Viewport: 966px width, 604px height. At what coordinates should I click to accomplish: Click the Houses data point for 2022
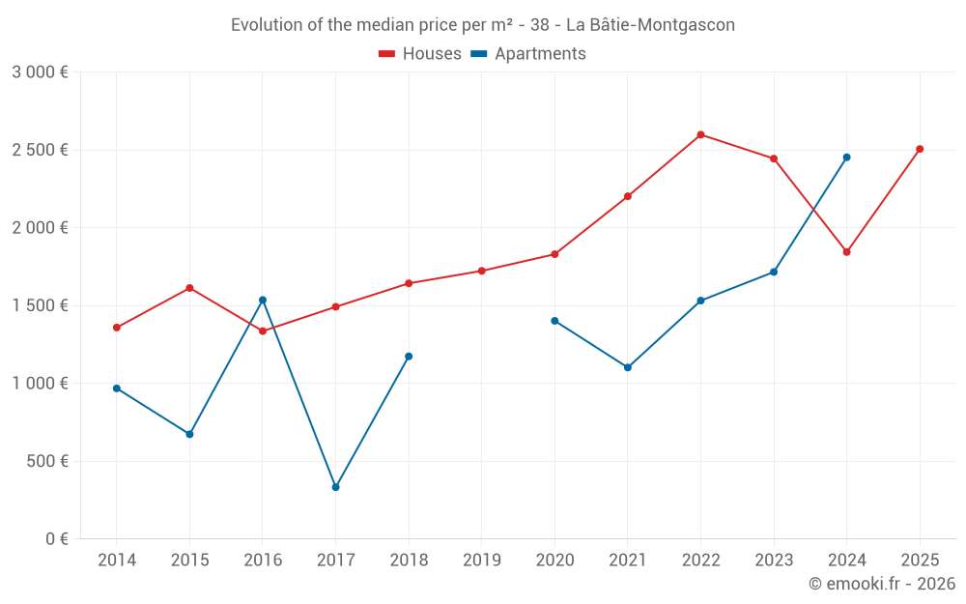click(x=700, y=134)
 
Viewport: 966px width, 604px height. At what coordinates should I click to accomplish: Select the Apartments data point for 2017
click(x=335, y=487)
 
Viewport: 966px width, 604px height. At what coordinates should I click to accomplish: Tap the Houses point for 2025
click(x=920, y=149)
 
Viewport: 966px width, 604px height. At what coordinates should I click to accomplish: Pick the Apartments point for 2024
click(x=846, y=157)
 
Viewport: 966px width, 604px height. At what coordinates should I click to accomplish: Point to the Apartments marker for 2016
click(x=263, y=300)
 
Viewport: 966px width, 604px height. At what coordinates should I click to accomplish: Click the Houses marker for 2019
click(x=481, y=271)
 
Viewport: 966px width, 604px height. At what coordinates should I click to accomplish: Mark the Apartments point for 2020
click(x=554, y=321)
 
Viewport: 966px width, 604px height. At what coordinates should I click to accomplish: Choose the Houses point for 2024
click(x=846, y=252)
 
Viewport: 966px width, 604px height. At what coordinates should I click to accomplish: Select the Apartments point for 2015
click(x=189, y=434)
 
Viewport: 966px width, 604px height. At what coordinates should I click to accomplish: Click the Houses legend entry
click(x=420, y=54)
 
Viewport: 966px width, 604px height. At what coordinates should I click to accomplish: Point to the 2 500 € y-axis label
click(x=40, y=150)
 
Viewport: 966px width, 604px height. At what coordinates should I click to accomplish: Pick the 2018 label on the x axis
click(x=409, y=560)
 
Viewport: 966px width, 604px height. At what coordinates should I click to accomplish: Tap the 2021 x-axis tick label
click(x=628, y=560)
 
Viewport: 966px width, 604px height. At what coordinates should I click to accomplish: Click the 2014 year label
click(x=117, y=560)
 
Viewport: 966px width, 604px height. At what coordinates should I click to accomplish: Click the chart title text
click(x=483, y=25)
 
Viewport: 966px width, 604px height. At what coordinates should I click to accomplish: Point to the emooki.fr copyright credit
click(x=881, y=584)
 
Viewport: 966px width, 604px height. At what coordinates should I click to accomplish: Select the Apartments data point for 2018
click(x=409, y=357)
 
